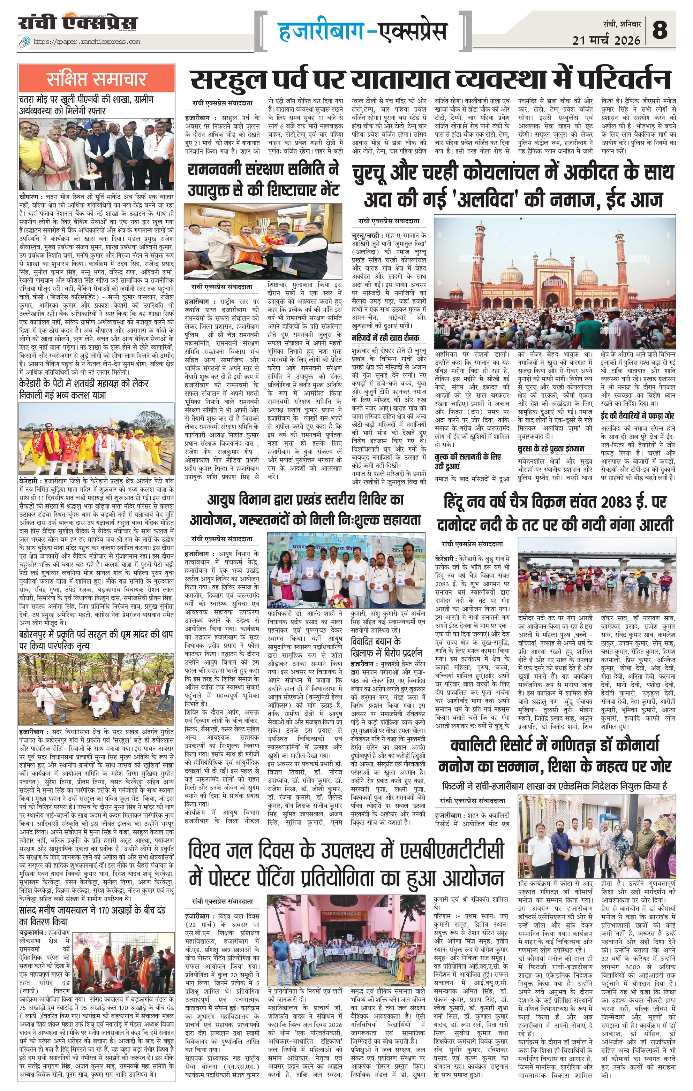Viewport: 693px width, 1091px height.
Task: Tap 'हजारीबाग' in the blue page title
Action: (x=320, y=31)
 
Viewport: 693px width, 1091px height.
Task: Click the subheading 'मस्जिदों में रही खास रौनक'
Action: (x=386, y=337)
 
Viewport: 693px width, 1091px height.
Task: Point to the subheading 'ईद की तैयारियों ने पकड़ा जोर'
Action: (x=637, y=415)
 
